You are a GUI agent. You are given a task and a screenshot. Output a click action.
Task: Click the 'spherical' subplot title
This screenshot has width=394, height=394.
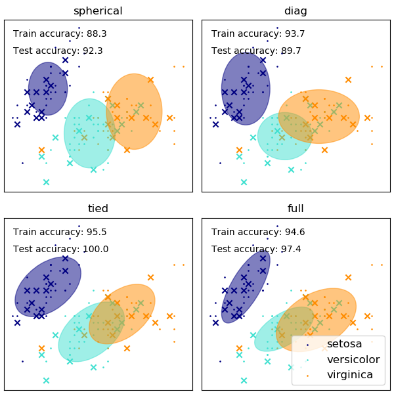pyautogui.click(x=98, y=11)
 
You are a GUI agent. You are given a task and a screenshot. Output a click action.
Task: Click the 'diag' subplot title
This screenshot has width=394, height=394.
pyautogui.click(x=295, y=11)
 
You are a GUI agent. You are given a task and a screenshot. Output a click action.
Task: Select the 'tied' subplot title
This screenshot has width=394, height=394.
pyautogui.click(x=98, y=209)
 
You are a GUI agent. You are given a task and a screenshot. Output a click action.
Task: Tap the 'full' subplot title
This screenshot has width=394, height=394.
pyautogui.click(x=295, y=209)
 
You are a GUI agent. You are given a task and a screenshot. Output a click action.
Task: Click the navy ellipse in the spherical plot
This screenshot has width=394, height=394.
pyautogui.click(x=48, y=89)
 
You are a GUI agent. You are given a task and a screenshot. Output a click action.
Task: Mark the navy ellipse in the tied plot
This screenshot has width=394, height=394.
pyautogui.click(x=48, y=286)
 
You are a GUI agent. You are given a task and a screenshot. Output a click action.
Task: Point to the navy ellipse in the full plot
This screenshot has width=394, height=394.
pyautogui.click(x=246, y=286)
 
